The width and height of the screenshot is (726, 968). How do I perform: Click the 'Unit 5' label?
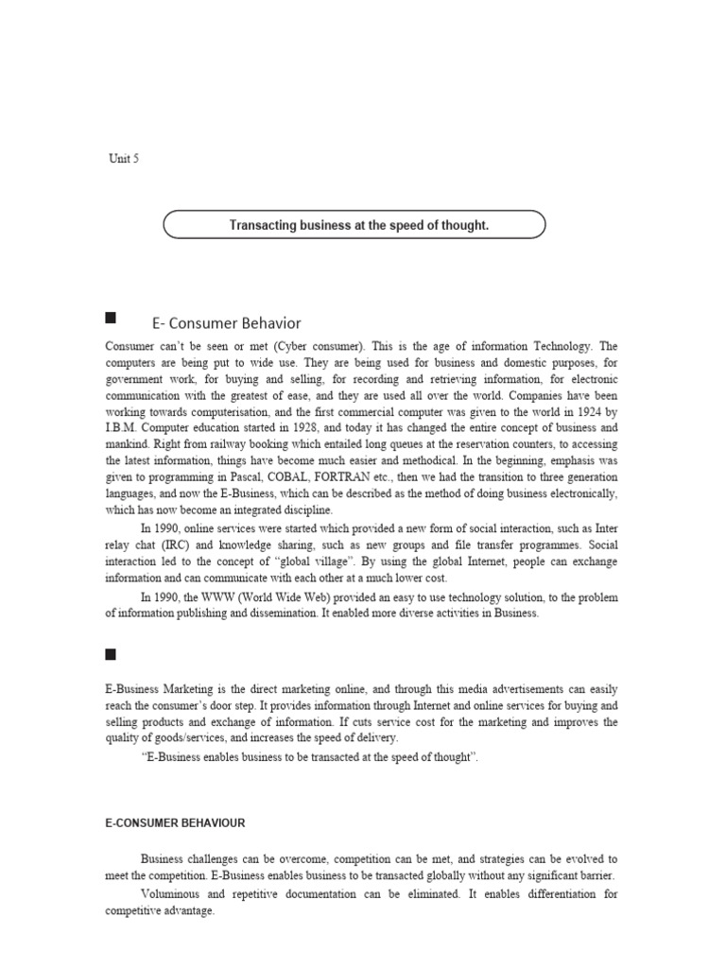coord(123,159)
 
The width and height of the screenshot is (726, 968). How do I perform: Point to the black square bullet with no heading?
coord(111,653)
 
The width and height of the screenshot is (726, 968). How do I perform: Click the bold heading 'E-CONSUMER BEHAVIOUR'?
coord(175,823)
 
